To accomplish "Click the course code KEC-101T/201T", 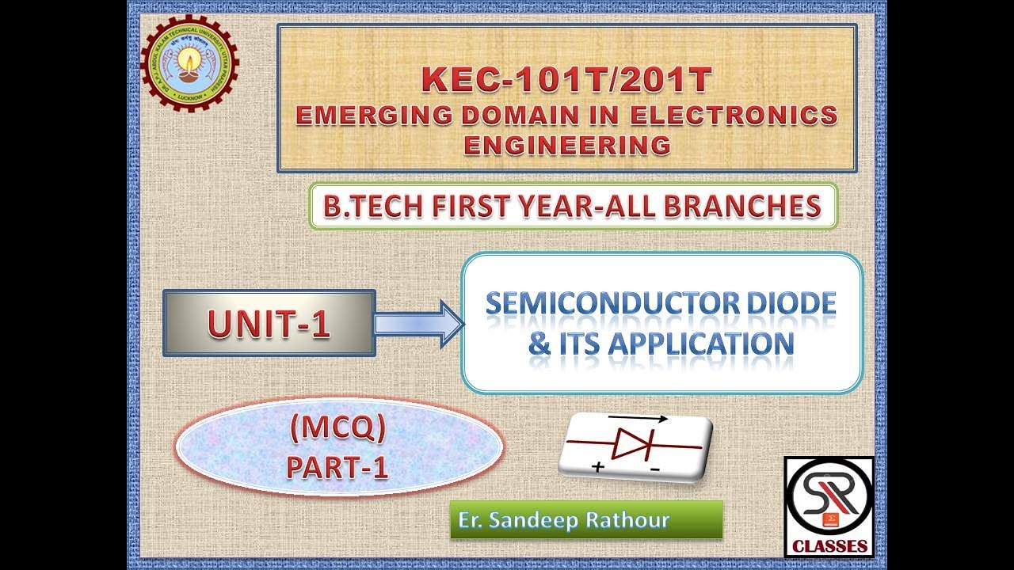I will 566,80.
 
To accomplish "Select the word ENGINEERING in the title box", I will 566,146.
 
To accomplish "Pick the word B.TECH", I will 367,207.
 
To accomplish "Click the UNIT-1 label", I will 269,324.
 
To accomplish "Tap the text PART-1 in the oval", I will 337,469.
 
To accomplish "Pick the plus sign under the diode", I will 597,468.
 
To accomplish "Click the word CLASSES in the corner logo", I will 829,545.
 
